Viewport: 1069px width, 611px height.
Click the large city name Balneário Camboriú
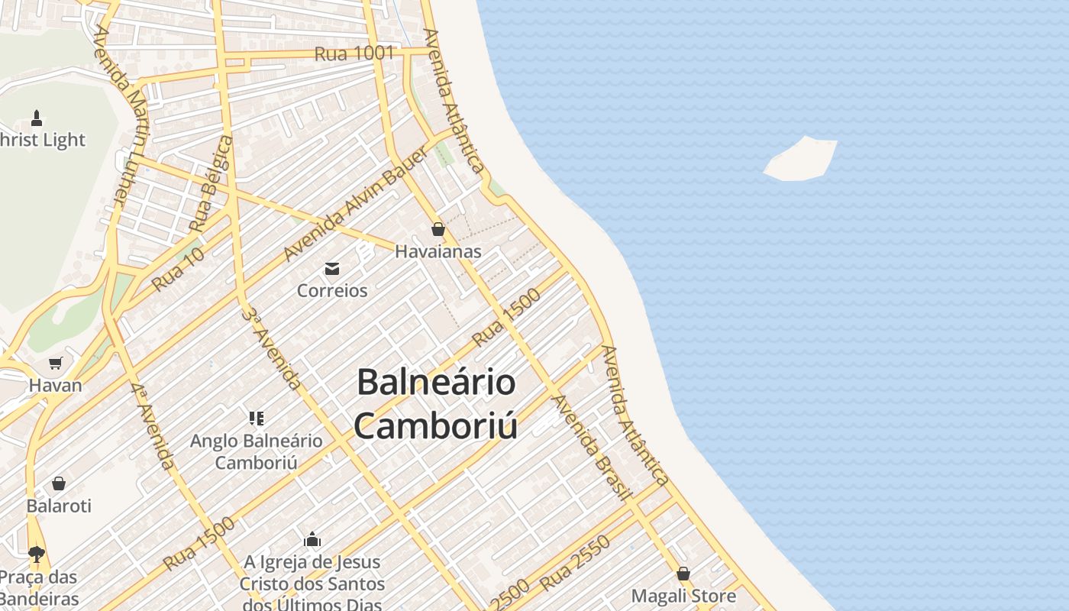click(436, 403)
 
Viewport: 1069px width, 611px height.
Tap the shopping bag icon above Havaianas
click(438, 229)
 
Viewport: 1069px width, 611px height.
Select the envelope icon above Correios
click(332, 268)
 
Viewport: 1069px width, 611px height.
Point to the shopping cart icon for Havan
click(55, 363)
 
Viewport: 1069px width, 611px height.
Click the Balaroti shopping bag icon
click(59, 483)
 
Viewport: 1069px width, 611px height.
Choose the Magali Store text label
click(683, 596)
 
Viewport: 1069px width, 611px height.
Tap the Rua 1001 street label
click(354, 53)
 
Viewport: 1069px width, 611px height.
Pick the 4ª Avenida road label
click(152, 426)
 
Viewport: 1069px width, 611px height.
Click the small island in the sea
click(801, 159)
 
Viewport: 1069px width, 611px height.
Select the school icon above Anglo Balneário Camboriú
click(256, 418)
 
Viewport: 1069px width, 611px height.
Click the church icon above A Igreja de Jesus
click(312, 539)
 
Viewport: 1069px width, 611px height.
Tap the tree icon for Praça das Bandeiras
click(36, 554)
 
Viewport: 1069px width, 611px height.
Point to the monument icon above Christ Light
click(36, 118)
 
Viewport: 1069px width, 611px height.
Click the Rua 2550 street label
click(575, 563)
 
